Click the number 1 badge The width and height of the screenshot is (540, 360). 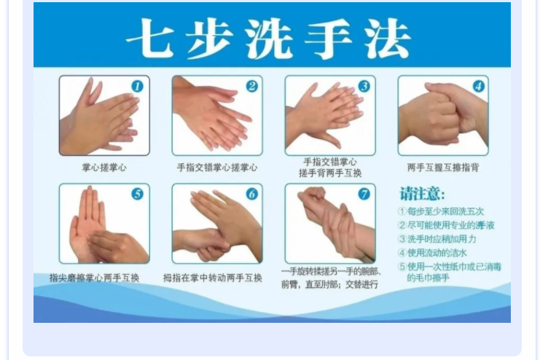(138, 86)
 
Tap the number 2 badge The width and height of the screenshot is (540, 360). (252, 86)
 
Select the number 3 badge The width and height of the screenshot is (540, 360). (364, 86)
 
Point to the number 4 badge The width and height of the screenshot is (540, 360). (478, 86)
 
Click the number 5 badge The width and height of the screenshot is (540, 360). (138, 194)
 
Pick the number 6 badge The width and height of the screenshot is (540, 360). (252, 194)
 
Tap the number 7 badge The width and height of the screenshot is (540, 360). (364, 194)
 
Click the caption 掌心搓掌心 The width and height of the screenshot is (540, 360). (104, 168)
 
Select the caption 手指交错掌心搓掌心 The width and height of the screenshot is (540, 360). (217, 168)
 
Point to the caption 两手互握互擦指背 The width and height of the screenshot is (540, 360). (443, 168)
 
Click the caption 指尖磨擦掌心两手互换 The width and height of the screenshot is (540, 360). (94, 278)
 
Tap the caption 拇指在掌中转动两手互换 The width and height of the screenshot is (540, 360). (213, 278)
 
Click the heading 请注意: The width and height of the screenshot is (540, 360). (422, 194)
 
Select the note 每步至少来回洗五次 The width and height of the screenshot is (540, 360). (441, 211)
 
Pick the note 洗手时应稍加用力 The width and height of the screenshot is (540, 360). (437, 239)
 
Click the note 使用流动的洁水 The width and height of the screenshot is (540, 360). (433, 253)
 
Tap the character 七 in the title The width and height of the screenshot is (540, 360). (151, 38)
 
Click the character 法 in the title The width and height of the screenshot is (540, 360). (388, 38)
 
